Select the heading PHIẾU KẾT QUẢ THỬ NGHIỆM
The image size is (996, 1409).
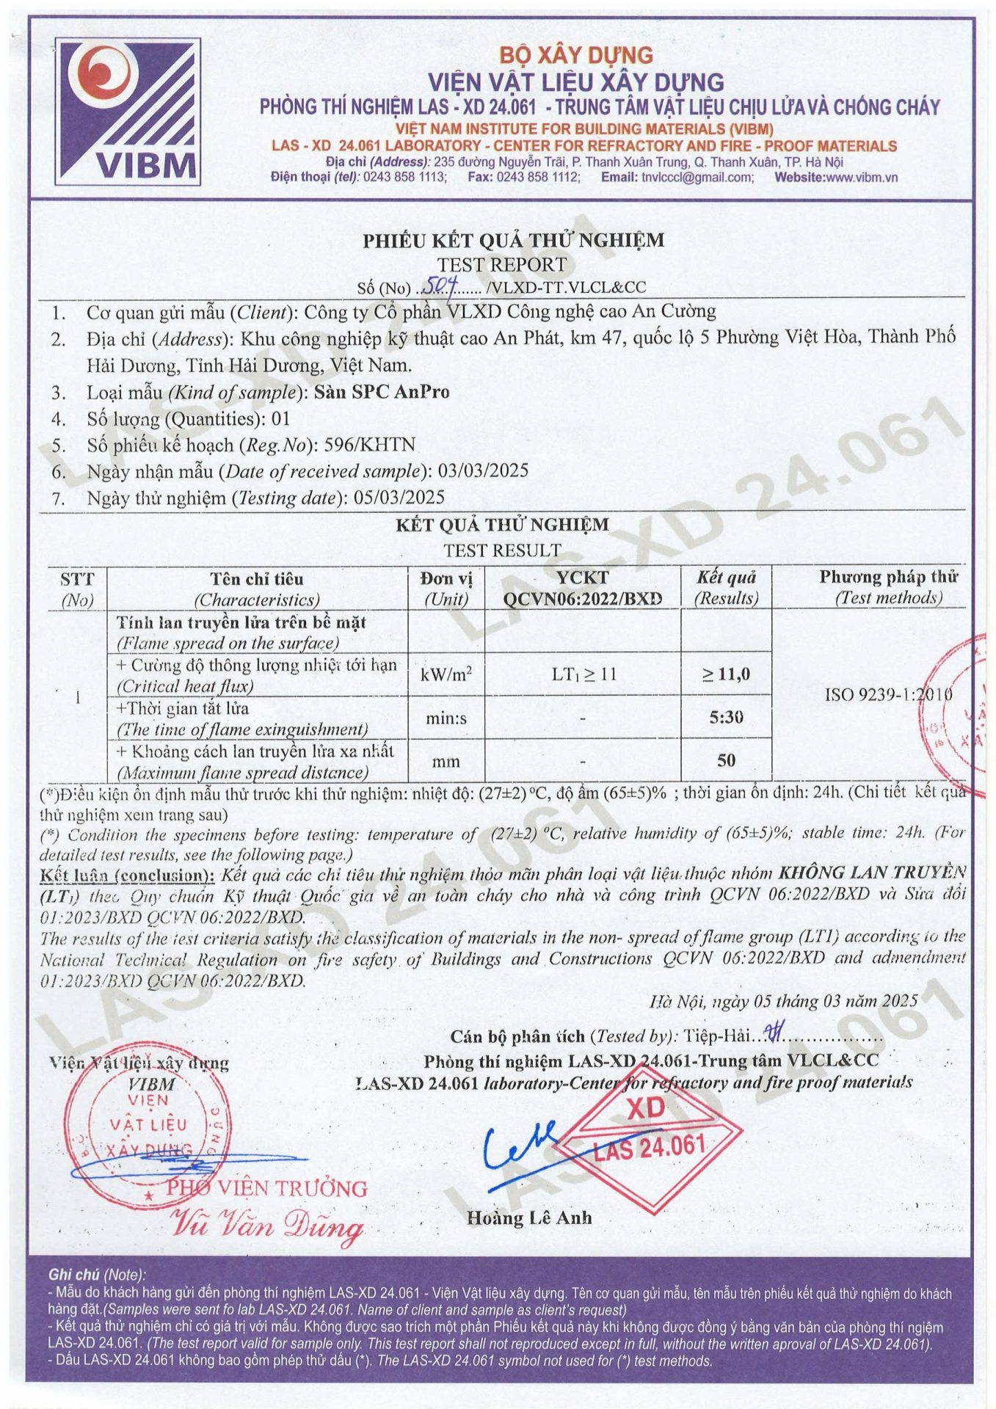pyautogui.click(x=513, y=240)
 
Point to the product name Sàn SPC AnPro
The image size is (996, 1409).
pyautogui.click(x=382, y=392)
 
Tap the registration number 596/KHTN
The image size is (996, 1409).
pyautogui.click(x=375, y=445)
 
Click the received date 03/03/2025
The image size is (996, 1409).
pyautogui.click(x=483, y=471)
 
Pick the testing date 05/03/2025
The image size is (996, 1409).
pyautogui.click(x=399, y=498)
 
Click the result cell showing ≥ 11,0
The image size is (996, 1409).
pyautogui.click(x=726, y=674)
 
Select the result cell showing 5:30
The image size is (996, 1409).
pyautogui.click(x=726, y=717)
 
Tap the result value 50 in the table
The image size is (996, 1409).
pyautogui.click(x=726, y=760)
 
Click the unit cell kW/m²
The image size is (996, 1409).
pyautogui.click(x=446, y=674)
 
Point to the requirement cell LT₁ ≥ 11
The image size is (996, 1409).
pyautogui.click(x=584, y=674)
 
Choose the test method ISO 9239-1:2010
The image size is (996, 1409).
pyautogui.click(x=888, y=694)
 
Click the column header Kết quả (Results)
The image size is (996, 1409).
pyautogui.click(x=726, y=588)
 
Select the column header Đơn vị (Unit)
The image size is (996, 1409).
pyautogui.click(x=446, y=588)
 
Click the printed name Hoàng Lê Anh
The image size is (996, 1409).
pyautogui.click(x=529, y=1218)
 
